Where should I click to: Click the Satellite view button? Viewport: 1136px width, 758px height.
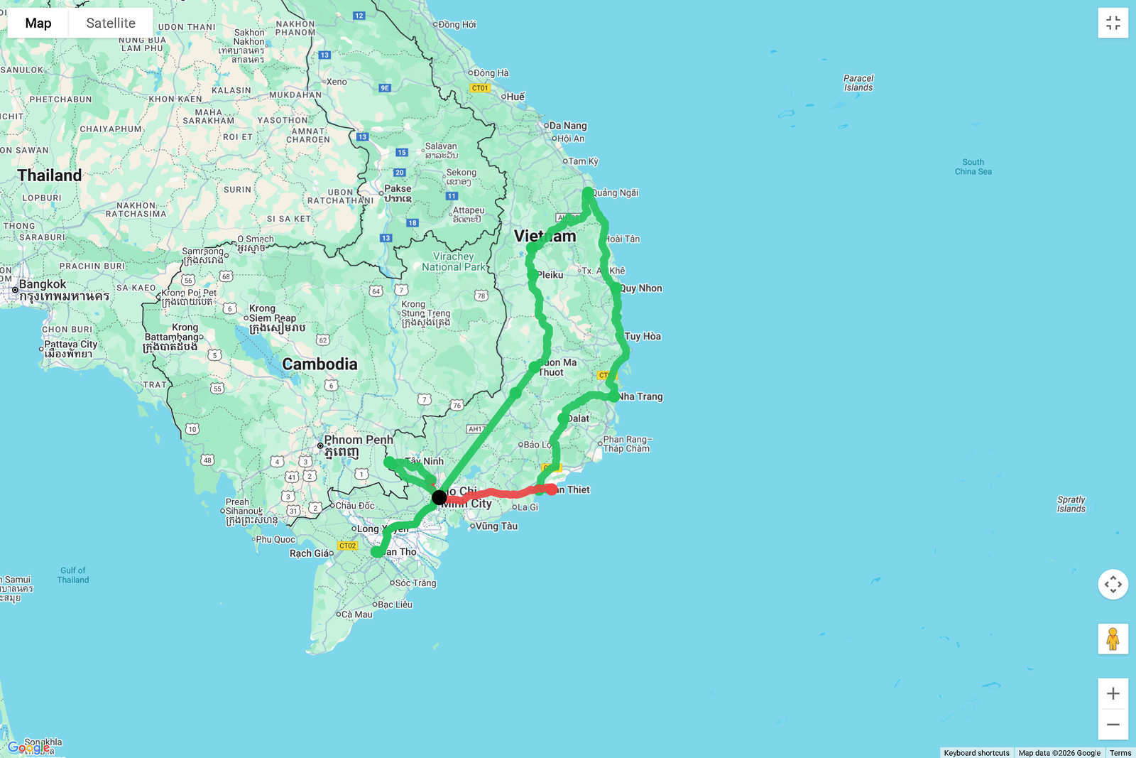coord(111,23)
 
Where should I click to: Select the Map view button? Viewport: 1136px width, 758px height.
coord(38,23)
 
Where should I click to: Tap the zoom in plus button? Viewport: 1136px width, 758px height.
coord(1113,693)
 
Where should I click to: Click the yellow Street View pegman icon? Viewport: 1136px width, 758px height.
coord(1113,639)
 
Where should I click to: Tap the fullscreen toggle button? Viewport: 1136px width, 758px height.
coord(1113,23)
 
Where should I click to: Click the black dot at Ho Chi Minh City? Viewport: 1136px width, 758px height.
coord(439,497)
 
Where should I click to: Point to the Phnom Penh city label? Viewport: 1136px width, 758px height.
coord(359,440)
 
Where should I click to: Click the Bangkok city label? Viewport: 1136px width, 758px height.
coord(43,284)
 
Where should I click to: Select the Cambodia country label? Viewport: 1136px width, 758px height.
coord(319,364)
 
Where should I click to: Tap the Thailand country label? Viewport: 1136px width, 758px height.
coord(50,175)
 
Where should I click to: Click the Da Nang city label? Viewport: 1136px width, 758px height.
coord(568,126)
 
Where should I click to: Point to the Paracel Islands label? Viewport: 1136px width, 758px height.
coord(858,83)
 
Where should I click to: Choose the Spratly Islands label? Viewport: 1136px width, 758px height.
coord(1071,504)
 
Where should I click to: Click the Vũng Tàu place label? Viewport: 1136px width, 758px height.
coord(496,526)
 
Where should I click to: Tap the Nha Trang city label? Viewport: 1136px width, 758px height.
coord(640,396)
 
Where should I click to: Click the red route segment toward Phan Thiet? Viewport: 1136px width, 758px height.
coord(497,493)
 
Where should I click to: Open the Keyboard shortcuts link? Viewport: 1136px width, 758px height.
coord(976,753)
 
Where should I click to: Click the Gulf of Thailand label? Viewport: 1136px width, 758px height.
coord(73,575)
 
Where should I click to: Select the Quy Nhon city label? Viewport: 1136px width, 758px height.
coord(641,288)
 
